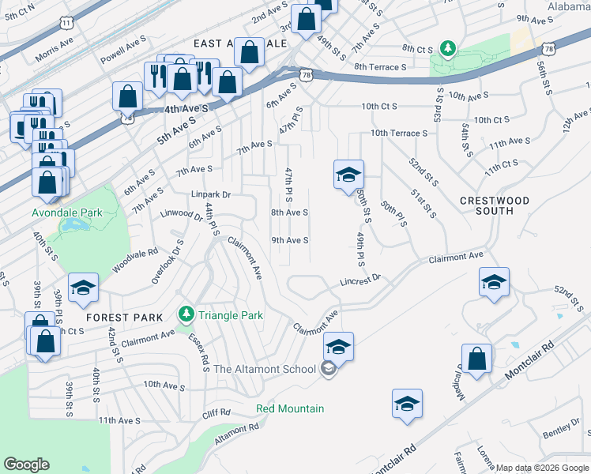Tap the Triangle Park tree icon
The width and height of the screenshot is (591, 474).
[x=186, y=314]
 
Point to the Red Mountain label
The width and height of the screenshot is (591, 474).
[x=290, y=408]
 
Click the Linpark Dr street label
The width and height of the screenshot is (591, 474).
[x=210, y=194]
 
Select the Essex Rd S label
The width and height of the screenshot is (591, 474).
[x=199, y=352]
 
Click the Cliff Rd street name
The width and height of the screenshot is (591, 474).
[x=216, y=413]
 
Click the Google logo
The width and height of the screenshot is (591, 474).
[x=26, y=465]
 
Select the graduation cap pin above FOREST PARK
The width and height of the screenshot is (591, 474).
[x=83, y=288]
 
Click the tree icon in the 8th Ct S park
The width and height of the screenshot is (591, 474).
[x=448, y=50]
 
